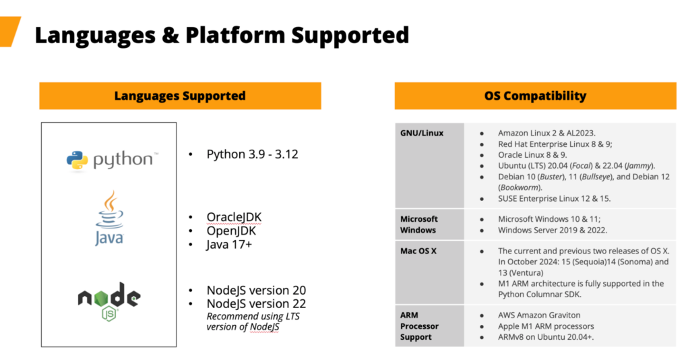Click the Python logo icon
pos(77,160)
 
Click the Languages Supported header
pos(180,96)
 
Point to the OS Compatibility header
pos(535,96)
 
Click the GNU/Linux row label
pos(422,133)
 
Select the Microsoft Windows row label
pos(418,224)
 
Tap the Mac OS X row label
pos(418,251)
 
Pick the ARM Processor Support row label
pos(419,326)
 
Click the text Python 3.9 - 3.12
pos(252,154)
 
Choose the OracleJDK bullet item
pos(234,217)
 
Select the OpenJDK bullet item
pos(231,231)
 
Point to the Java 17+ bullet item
pos(229,244)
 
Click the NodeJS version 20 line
pos(256,291)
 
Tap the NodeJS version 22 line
pos(256,303)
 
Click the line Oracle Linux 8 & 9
pos(532,155)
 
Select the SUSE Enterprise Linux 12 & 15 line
pos(555,198)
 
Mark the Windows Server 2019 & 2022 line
pos(553,230)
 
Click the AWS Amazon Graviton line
pos(539,315)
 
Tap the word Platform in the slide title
pos(235,35)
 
